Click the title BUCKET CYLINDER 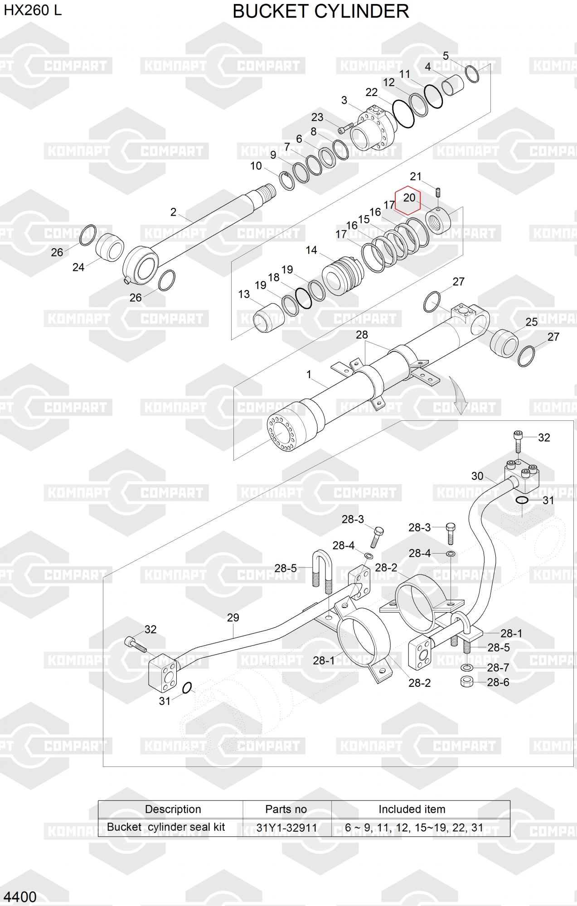[320, 11]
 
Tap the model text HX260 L [33, 10]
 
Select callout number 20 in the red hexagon [409, 198]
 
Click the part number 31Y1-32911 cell [286, 828]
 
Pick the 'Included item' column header [412, 809]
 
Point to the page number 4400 [19, 896]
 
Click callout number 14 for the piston [311, 250]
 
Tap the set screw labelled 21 [439, 193]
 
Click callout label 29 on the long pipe [233, 617]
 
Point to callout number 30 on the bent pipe [477, 476]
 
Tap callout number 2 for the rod [173, 212]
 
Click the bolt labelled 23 [346, 129]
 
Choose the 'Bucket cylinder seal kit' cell [166, 827]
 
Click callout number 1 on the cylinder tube [309, 375]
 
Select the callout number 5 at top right [446, 56]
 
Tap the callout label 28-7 [498, 668]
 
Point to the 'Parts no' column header [286, 809]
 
